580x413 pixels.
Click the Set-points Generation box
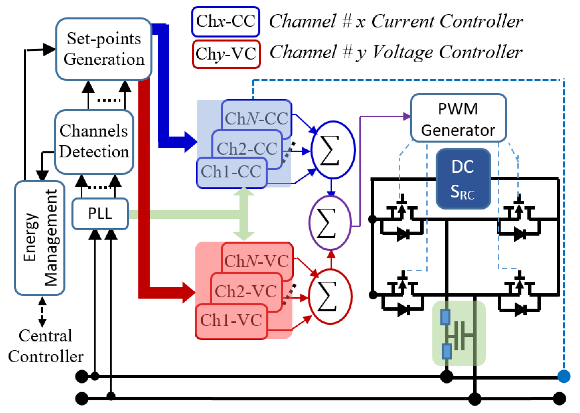pyautogui.click(x=104, y=49)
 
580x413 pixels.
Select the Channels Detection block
pyautogui.click(x=94, y=141)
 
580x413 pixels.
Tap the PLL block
pyautogui.click(x=100, y=214)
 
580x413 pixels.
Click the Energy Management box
pyautogui.click(x=40, y=238)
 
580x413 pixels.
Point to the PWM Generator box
pyautogui.click(x=458, y=118)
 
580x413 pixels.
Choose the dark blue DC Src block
pyautogui.click(x=463, y=178)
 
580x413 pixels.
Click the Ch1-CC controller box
pyautogui.click(x=231, y=172)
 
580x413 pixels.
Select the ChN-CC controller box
pyautogui.click(x=256, y=118)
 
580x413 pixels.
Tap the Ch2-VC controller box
pyautogui.click(x=246, y=291)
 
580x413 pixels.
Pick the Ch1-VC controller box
pyautogui.click(x=231, y=321)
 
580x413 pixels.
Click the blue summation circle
pyautogui.click(x=333, y=150)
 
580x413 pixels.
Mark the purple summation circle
pyautogui.click(x=330, y=223)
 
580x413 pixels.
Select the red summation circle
pyautogui.click(x=330, y=296)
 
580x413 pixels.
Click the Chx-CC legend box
pyautogui.click(x=226, y=22)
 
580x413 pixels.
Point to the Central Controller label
pyautogui.click(x=46, y=346)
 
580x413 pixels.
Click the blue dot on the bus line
pyautogui.click(x=564, y=376)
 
